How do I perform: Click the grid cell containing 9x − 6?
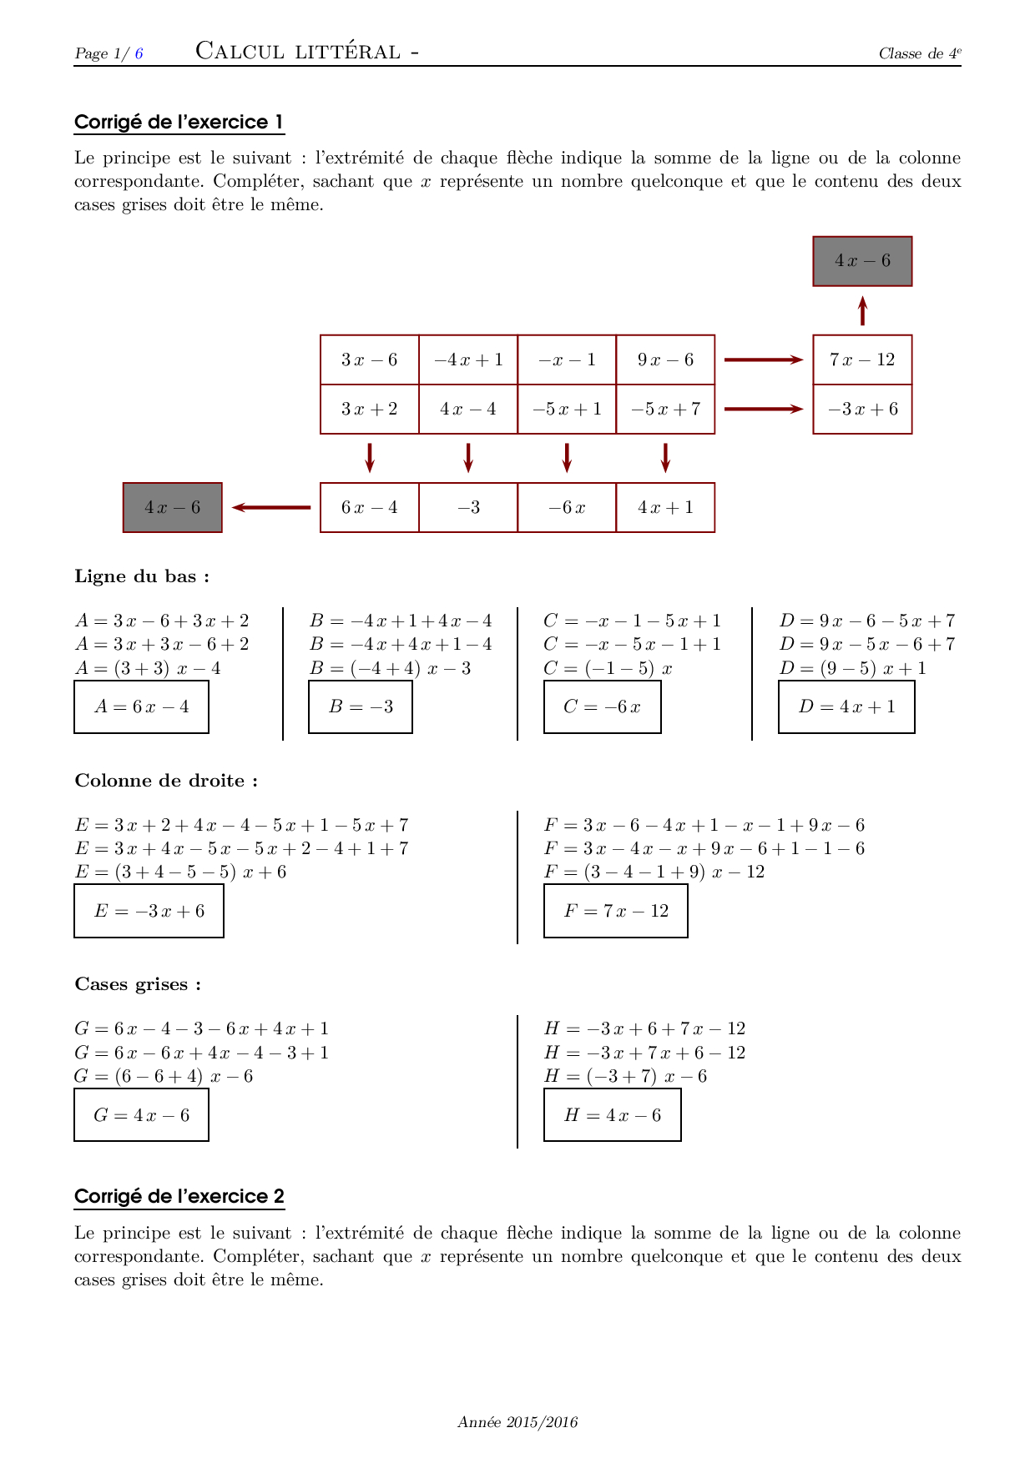coord(665,359)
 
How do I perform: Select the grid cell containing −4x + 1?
coord(468,359)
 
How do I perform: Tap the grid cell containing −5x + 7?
coord(665,409)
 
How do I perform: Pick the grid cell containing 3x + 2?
coord(369,409)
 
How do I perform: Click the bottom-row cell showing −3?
coord(468,507)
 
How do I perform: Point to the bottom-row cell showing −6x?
coord(567,507)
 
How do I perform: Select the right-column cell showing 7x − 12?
coord(862,359)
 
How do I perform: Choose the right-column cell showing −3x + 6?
coord(862,409)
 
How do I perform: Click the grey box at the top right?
coord(862,261)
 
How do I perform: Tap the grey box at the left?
coord(173,507)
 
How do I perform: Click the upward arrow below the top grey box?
coord(862,310)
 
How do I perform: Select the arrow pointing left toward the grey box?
coord(271,507)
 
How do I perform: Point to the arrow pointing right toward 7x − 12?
coord(763,359)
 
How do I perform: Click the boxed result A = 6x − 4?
coord(141,707)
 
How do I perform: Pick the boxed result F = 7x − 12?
coord(615,911)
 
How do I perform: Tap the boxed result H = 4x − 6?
coord(612,1115)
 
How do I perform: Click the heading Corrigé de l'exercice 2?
coord(179,1196)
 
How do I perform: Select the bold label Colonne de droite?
coord(166,781)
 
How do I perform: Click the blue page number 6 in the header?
coord(139,53)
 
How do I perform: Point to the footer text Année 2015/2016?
coord(517,1422)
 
